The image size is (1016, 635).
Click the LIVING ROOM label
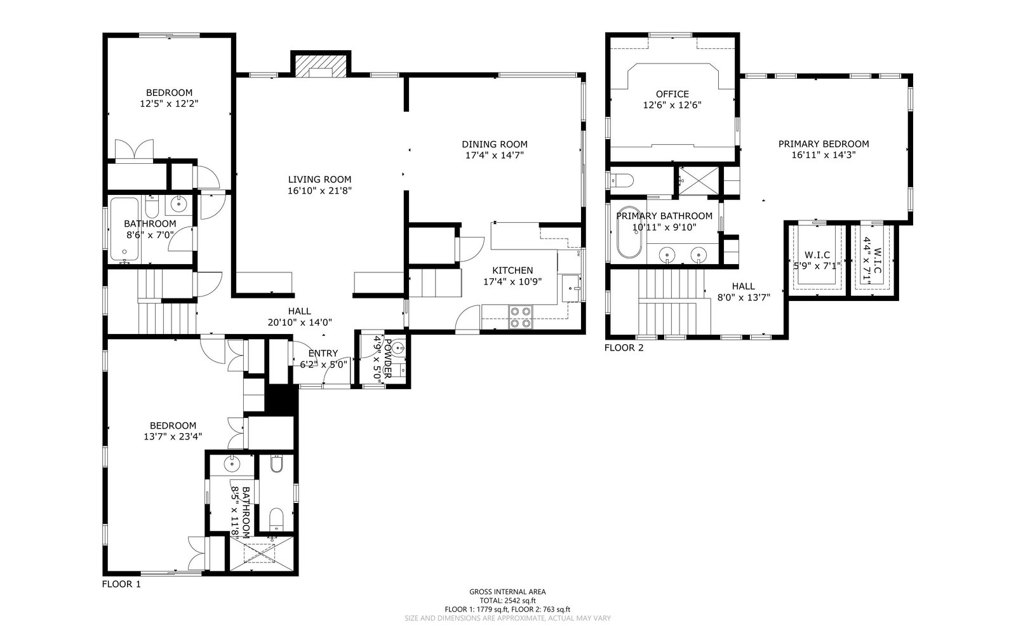coord(320,180)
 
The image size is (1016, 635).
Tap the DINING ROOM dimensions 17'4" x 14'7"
coord(495,156)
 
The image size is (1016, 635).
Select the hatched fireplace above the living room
coord(321,66)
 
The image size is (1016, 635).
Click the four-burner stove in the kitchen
coord(521,317)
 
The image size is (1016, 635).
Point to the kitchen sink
coord(571,288)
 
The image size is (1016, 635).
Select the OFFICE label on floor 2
coord(672,95)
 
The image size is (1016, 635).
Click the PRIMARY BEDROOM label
coord(824,144)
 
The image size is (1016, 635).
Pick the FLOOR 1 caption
coord(121,584)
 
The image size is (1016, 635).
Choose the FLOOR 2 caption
coord(624,348)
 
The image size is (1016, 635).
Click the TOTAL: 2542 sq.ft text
coord(507,601)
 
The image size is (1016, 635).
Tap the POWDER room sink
coord(399,349)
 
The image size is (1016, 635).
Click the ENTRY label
coord(323,353)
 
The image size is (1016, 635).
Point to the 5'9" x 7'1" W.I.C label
coord(817,260)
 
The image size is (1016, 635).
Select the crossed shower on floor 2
coord(699,181)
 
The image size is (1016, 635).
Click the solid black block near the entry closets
coord(281,399)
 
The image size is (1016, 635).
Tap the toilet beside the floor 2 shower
coord(622,180)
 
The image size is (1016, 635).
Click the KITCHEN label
coord(512,271)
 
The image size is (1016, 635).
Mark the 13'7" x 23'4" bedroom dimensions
coord(173,437)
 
